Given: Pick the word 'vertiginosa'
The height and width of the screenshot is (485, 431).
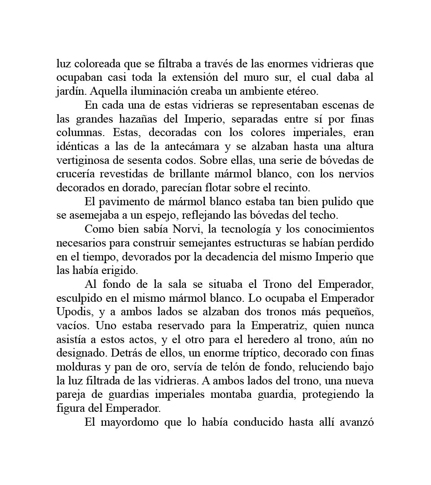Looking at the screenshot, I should pos(82,160).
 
